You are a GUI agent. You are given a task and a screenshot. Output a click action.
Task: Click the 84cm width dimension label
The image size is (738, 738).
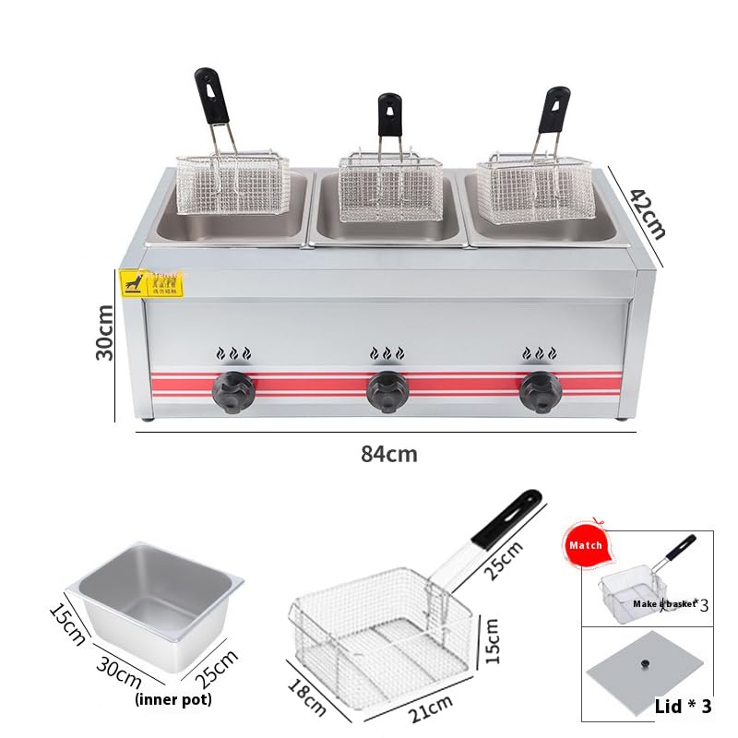pos(388,454)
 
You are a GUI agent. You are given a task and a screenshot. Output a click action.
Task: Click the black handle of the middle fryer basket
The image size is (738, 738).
pos(389,113)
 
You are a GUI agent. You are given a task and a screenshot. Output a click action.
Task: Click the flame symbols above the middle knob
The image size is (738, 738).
pos(386,353)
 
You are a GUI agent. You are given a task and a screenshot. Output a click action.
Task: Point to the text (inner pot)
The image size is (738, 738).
pos(173,699)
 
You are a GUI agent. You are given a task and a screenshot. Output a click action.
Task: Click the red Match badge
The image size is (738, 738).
pos(585,545)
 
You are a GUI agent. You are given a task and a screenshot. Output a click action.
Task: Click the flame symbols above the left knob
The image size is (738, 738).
pos(232,353)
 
